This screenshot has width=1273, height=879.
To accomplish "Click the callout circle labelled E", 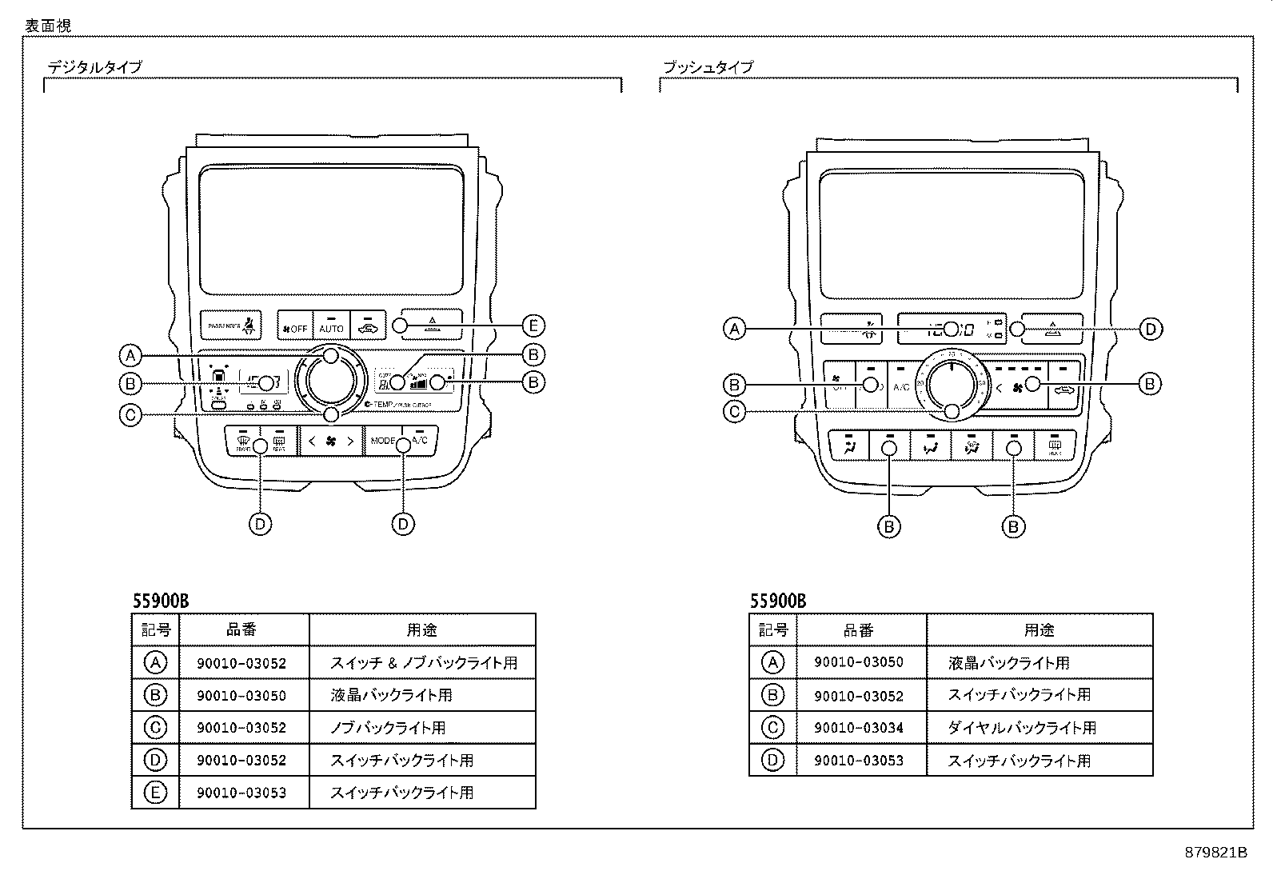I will click(533, 326).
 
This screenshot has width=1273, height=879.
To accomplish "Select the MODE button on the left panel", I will click(382, 441).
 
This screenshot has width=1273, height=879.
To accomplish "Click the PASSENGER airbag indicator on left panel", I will click(230, 326).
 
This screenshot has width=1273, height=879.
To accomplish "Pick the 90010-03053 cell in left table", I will click(241, 793).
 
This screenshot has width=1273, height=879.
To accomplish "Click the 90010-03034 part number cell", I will click(859, 728).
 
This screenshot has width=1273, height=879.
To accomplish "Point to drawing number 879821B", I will click(1216, 853).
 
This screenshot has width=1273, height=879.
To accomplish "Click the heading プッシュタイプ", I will click(708, 67).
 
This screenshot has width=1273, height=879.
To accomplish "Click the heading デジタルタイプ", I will click(94, 67).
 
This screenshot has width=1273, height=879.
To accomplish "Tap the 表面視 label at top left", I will click(48, 26).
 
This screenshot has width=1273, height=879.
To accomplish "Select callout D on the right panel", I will click(1150, 329).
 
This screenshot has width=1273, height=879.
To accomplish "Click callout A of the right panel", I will click(734, 329).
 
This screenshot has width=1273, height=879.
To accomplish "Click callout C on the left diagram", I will click(130, 414).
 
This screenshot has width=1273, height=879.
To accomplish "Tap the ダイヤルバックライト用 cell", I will click(1021, 728).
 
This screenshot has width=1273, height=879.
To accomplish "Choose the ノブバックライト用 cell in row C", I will click(388, 728).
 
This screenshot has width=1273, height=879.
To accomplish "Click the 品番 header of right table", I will click(859, 630).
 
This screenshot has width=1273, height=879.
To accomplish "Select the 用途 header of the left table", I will click(421, 630).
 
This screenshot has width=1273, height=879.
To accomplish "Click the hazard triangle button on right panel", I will click(1053, 329).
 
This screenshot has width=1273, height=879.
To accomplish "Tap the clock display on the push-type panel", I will click(951, 329).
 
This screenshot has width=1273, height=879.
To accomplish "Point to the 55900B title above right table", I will click(778, 601).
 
